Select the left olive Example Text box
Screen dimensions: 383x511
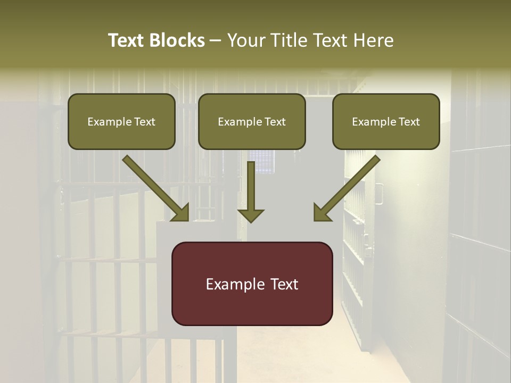pos(121,121)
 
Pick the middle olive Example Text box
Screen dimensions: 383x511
pos(252,121)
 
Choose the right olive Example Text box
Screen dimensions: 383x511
pos(386,121)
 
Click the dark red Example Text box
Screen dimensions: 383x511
pos(252,284)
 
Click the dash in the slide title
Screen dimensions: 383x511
pos(216,40)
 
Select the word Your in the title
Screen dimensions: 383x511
pos(244,40)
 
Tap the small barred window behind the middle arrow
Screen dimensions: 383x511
pos(263,161)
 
